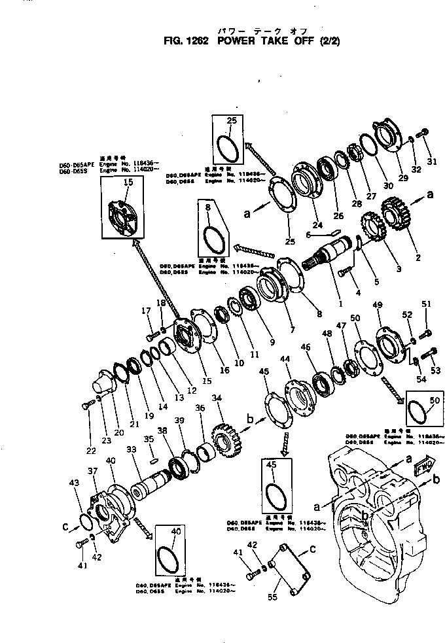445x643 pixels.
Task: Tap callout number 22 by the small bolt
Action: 90,451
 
